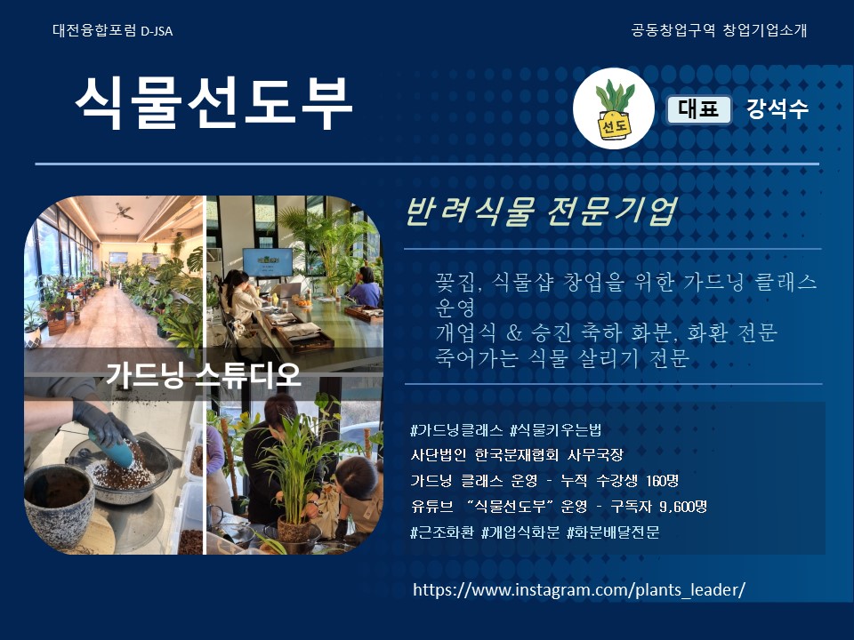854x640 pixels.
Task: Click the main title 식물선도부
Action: [x=213, y=102]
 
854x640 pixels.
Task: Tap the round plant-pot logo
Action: [x=614, y=108]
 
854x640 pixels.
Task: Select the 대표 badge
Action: [x=699, y=108]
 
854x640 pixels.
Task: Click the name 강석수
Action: [x=777, y=108]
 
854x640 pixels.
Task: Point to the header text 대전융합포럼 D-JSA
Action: [x=113, y=30]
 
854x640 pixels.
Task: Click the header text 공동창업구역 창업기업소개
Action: [x=719, y=30]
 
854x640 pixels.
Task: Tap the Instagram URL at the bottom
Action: [x=579, y=589]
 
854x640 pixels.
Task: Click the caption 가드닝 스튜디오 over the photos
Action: [x=203, y=374]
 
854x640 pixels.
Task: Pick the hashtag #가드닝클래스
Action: [x=456, y=430]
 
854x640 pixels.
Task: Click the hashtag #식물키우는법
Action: [x=555, y=430]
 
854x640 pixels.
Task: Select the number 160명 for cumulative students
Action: [x=662, y=481]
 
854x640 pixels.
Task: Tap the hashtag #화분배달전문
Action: [x=613, y=532]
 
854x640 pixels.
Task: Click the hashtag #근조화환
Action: [x=442, y=532]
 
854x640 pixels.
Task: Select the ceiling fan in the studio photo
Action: [x=121, y=212]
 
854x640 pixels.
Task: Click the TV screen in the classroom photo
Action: [x=268, y=262]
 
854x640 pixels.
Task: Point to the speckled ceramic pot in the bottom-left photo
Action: [x=60, y=505]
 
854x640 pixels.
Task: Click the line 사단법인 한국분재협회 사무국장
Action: [x=517, y=455]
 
